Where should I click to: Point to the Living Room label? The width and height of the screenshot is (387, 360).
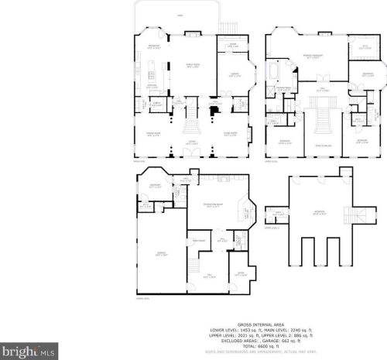[230, 134]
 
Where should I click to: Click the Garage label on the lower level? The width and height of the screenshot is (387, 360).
[162, 255]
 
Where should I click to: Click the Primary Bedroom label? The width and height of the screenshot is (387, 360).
[312, 57]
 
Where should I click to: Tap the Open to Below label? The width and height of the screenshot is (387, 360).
[322, 146]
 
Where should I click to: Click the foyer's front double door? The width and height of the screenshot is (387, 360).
[191, 157]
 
